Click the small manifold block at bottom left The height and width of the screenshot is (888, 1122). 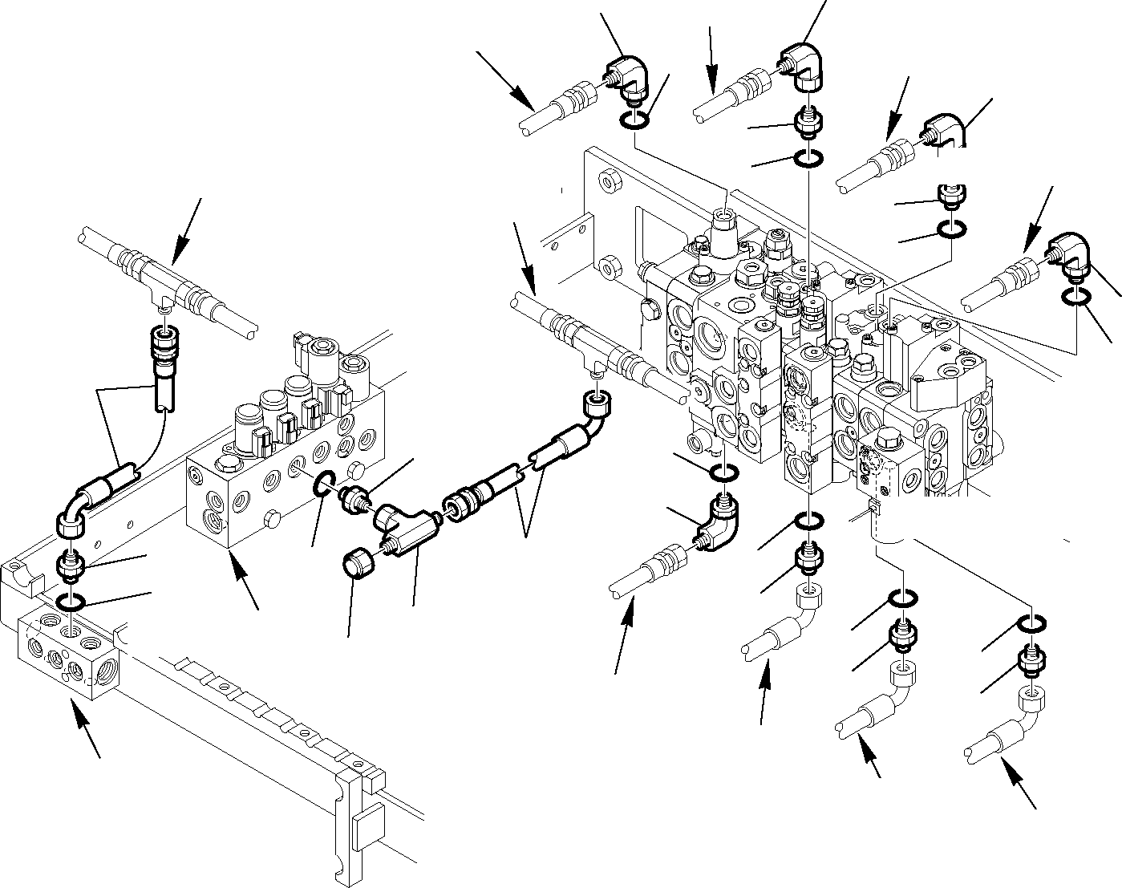pos(68,654)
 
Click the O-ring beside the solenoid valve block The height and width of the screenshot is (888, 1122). pos(324,484)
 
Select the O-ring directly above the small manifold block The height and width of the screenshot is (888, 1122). pos(71,600)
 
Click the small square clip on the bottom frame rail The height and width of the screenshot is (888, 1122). pos(367,825)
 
